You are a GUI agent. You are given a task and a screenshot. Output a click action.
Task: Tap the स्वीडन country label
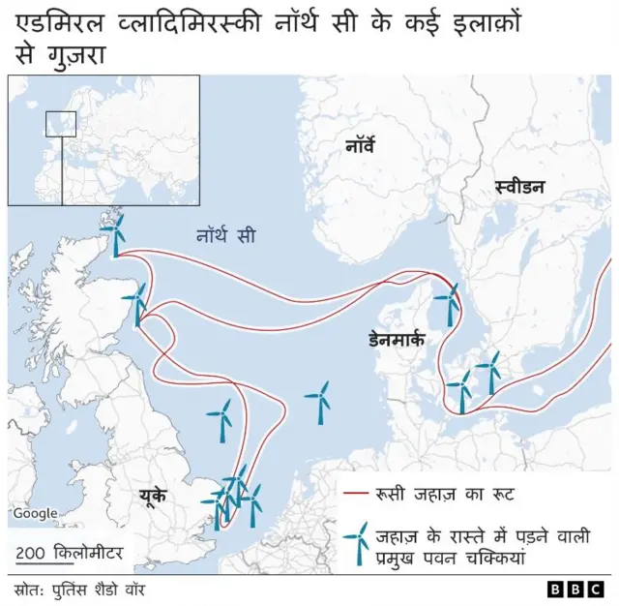point(518,188)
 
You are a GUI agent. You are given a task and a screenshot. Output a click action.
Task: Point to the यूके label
point(152,496)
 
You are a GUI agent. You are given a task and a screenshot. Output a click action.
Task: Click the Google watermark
point(34,514)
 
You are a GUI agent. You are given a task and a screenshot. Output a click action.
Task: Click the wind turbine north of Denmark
point(449,303)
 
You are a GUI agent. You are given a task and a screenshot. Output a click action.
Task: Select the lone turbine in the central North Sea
point(319,399)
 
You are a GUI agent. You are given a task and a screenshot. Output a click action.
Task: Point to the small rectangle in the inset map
point(61,124)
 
